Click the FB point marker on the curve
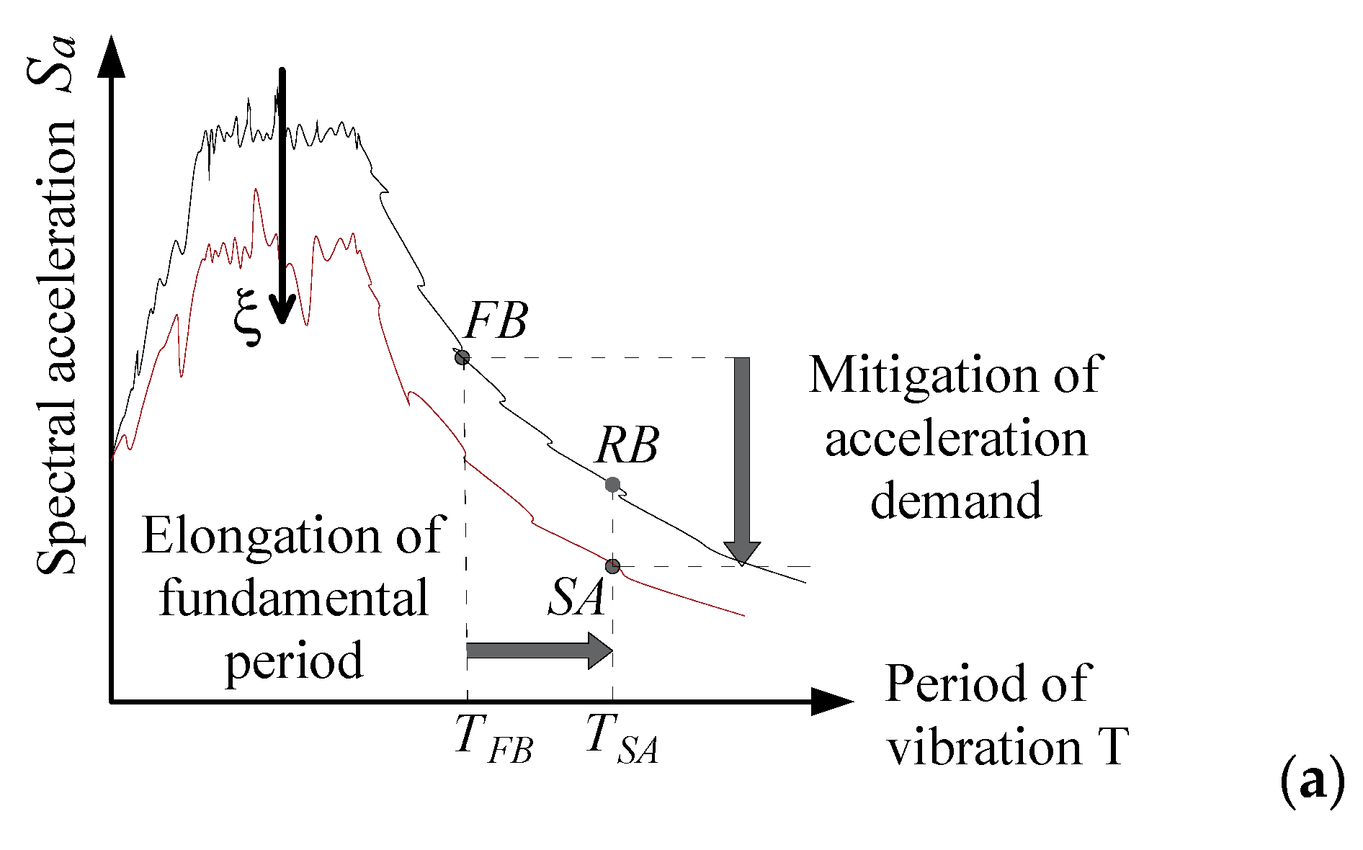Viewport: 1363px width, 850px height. [x=462, y=357]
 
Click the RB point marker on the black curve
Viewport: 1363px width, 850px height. [x=612, y=484]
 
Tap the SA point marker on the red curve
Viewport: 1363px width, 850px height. [x=612, y=566]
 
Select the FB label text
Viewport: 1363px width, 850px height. [x=496, y=321]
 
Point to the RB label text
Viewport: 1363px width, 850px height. [x=626, y=447]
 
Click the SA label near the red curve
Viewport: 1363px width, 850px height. [x=576, y=599]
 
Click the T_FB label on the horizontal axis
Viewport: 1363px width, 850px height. [x=493, y=738]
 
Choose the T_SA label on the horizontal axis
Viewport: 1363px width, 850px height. [x=622, y=738]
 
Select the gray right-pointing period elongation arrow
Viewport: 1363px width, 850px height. [x=539, y=650]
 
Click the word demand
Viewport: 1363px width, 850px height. [x=956, y=499]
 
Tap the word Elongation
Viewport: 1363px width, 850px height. [x=261, y=535]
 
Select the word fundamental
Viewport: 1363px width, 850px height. [x=293, y=598]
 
